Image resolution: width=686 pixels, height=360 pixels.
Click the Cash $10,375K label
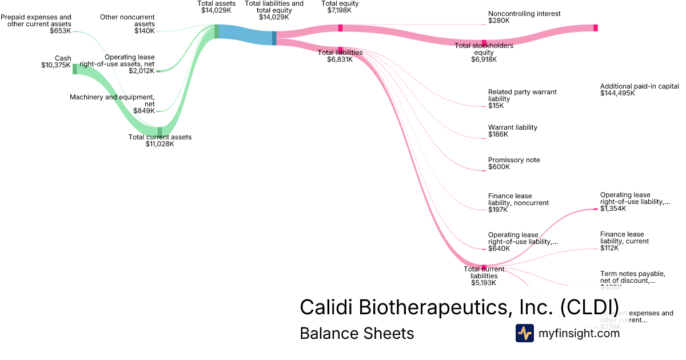tap(57, 62)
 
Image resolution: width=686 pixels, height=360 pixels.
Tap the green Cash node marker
tap(74, 69)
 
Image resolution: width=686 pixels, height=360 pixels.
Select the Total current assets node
tap(160, 132)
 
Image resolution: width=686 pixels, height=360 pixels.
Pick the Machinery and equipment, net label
tap(112, 104)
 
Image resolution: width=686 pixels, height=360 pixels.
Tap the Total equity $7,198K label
tap(340, 7)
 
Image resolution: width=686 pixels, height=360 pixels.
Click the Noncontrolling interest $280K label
tap(524, 17)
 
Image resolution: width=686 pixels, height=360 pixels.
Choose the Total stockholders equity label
tap(484, 52)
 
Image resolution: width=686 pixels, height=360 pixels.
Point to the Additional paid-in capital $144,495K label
tap(639, 90)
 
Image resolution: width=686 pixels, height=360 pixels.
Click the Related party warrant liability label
tap(522, 99)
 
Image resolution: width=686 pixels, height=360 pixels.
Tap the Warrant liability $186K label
tap(512, 131)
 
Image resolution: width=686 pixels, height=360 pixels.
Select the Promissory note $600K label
tap(513, 163)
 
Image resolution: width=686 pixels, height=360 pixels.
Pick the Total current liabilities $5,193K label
tap(484, 275)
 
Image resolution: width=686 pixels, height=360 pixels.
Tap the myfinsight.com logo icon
tap(524, 333)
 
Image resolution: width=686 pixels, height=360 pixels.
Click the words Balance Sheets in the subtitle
tap(357, 333)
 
